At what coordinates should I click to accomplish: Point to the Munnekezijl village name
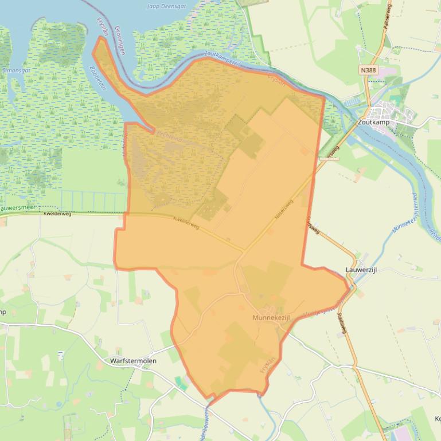pyautogui.click(x=272, y=317)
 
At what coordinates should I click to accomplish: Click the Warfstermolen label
pyautogui.click(x=133, y=361)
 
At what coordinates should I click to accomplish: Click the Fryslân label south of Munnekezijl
pyautogui.click(x=268, y=365)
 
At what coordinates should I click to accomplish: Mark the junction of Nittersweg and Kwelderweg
pyautogui.click(x=243, y=250)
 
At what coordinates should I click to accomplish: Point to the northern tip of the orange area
pyautogui.click(x=102, y=38)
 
